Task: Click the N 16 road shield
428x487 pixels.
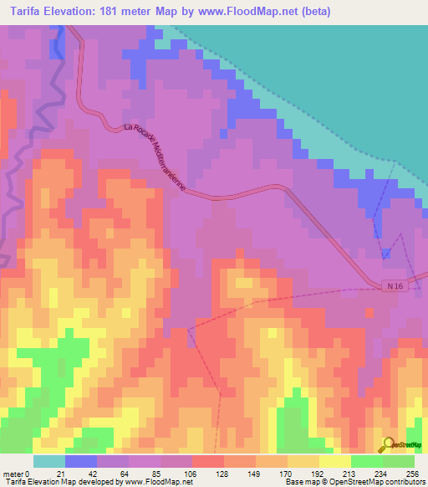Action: click(395, 287)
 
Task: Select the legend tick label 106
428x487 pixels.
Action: click(191, 474)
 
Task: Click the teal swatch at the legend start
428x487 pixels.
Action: click(48, 461)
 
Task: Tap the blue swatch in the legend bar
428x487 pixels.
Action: click(80, 461)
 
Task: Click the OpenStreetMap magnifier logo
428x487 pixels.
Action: click(389, 443)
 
